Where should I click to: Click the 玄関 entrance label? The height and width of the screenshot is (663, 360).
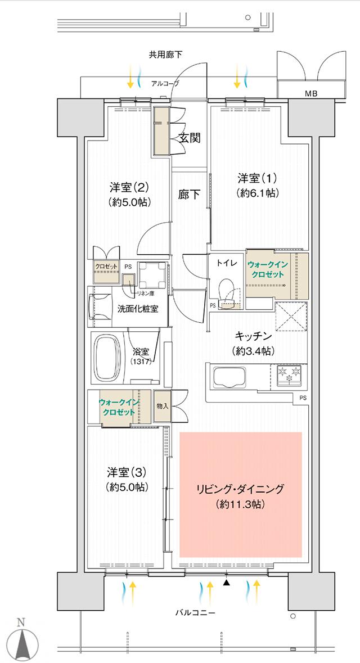190,137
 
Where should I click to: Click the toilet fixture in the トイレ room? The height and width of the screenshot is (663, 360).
228,291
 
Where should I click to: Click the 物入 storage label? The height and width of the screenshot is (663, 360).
161,405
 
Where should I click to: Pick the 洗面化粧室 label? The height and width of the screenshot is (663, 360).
138,309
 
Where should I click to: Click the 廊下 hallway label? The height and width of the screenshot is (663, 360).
189,195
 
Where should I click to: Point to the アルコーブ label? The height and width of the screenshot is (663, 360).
165,83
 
